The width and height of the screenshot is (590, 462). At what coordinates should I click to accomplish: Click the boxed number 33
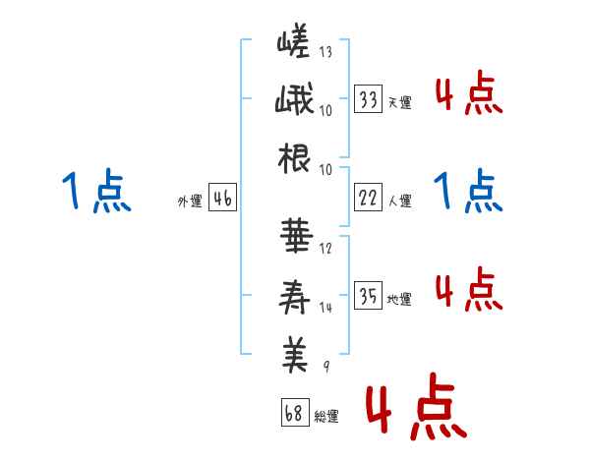tap(369, 99)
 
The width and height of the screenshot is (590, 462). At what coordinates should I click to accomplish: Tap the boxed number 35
tap(369, 296)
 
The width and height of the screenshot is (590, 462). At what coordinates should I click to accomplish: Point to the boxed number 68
tap(294, 412)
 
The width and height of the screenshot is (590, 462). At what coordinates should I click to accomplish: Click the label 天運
tap(399, 102)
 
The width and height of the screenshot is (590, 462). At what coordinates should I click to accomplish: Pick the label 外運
tap(189, 202)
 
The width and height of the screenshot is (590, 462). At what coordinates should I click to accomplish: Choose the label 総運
tap(325, 416)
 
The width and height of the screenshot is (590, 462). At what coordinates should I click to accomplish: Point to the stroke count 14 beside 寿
tap(325, 307)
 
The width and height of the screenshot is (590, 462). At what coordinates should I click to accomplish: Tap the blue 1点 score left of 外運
tap(95, 191)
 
